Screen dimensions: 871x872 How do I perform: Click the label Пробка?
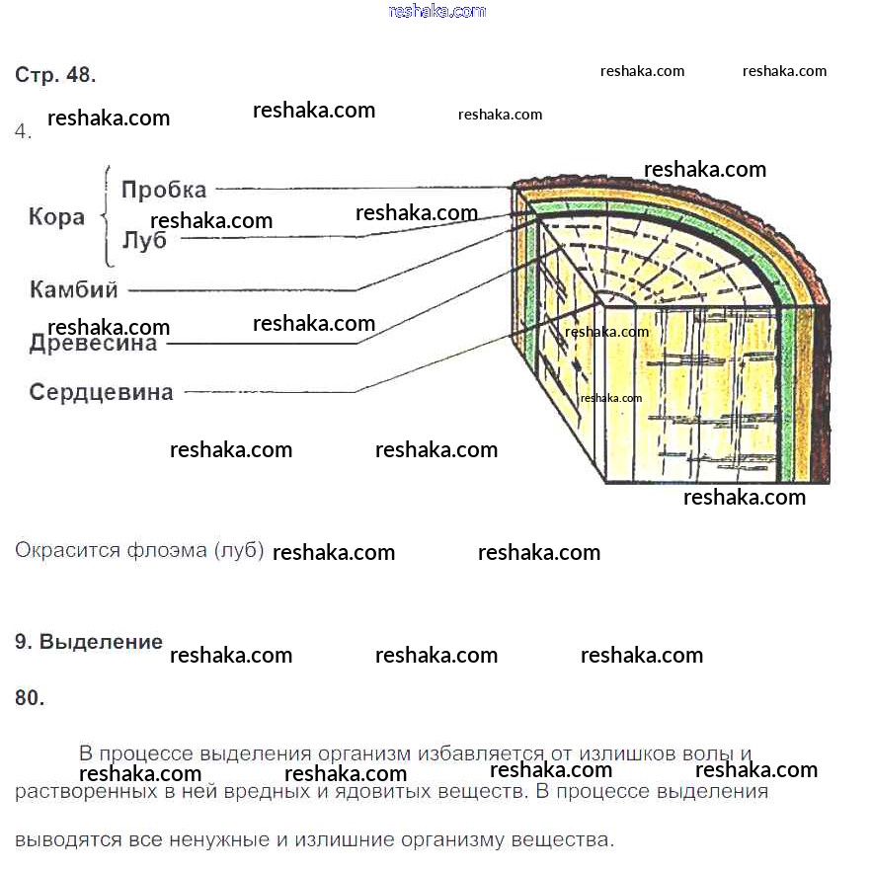pyautogui.click(x=164, y=190)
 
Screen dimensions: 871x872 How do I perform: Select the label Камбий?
pyautogui.click(x=74, y=290)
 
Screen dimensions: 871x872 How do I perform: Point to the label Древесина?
pyautogui.click(x=93, y=344)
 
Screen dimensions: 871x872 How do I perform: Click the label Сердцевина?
pyautogui.click(x=101, y=392)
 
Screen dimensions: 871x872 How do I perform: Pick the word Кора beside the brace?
pyautogui.click(x=56, y=217)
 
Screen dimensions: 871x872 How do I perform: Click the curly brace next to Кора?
pyautogui.click(x=107, y=216)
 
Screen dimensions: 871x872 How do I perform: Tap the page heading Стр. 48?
pyautogui.click(x=55, y=75)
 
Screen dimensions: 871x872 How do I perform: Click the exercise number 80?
pyautogui.click(x=30, y=698)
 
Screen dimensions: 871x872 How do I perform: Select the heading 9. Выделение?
pyautogui.click(x=89, y=642)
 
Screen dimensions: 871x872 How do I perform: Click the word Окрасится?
pyautogui.click(x=67, y=550)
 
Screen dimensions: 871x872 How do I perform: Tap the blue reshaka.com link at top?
pyautogui.click(x=437, y=11)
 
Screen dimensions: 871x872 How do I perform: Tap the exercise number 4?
pyautogui.click(x=24, y=131)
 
